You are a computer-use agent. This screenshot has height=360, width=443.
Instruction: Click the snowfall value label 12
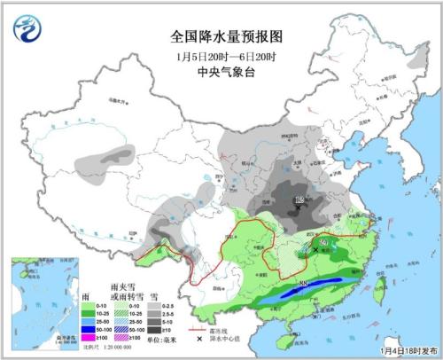(300, 202)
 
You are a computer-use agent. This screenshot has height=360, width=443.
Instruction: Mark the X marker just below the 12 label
(300, 211)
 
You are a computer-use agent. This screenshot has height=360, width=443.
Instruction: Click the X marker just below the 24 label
(316, 250)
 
